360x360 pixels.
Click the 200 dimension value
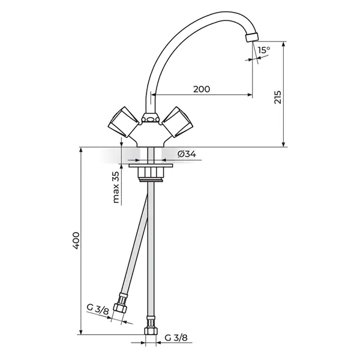coord(202,89)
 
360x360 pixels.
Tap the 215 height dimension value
coord(278,97)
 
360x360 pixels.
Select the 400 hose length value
coord(76,241)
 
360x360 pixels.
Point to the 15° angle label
coord(264,50)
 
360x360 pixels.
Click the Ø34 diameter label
coord(187,154)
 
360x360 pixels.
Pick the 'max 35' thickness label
coord(116,187)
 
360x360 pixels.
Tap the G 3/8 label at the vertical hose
coord(176,338)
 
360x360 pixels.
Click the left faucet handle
coord(123,122)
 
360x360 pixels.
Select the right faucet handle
coord(178,122)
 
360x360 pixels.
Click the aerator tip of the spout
coord(251,37)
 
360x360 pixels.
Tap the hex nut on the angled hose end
coord(120,307)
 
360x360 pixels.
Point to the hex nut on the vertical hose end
coord(151,331)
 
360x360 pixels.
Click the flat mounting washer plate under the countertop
coord(151,166)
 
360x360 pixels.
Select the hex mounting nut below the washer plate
coord(151,173)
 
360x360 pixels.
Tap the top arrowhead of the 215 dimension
coord(284,44)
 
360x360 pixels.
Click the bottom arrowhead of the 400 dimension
coord(81,332)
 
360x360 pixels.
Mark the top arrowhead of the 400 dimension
coord(81,150)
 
